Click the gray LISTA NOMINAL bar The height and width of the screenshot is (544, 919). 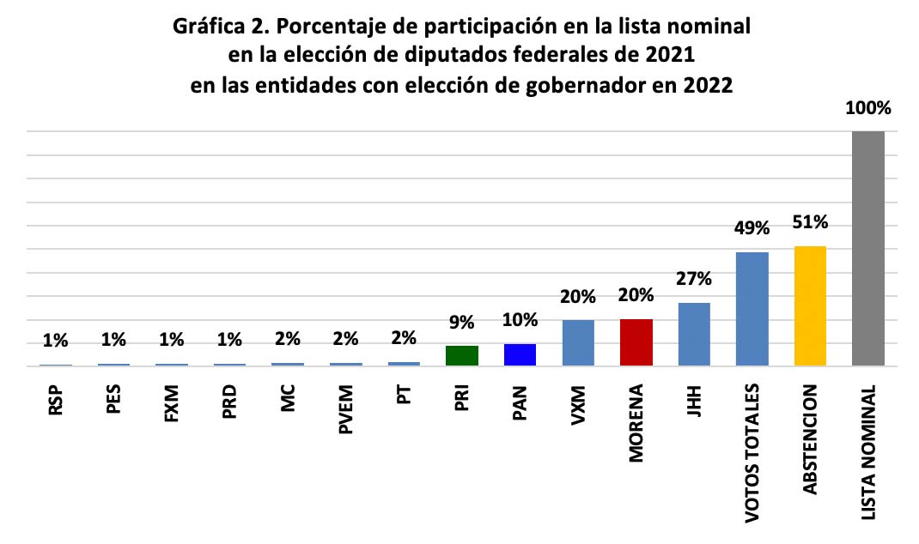[x=867, y=249]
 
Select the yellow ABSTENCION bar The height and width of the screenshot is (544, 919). [x=810, y=306]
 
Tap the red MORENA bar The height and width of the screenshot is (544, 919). [x=636, y=342]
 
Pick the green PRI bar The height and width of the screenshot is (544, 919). [x=462, y=355]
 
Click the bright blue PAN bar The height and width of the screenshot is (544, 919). [x=520, y=354]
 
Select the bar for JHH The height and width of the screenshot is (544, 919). [x=694, y=334]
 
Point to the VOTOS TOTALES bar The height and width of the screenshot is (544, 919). [x=752, y=309]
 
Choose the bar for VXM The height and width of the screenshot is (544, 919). [x=578, y=342]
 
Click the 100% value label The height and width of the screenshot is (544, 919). [x=867, y=109]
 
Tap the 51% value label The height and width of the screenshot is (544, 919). [x=810, y=223]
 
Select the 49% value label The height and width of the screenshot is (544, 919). [x=752, y=229]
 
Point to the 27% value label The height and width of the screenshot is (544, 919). [x=694, y=279]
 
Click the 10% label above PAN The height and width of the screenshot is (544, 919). [x=520, y=321]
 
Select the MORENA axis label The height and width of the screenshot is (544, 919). [x=636, y=425]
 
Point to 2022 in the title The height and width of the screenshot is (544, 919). [x=709, y=87]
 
